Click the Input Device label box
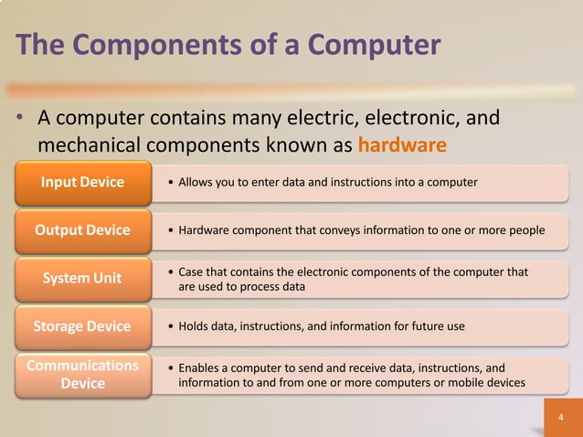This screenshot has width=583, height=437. tap(82, 182)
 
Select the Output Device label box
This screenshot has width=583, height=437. tap(82, 229)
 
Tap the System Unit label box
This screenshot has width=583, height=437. tap(82, 278)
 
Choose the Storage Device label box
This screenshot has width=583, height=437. tap(82, 325)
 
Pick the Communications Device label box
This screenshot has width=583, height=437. tap(82, 374)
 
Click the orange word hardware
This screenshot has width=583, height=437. tap(402, 145)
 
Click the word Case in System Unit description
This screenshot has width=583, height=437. tap(192, 272)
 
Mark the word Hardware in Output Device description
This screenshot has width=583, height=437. tap(206, 230)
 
